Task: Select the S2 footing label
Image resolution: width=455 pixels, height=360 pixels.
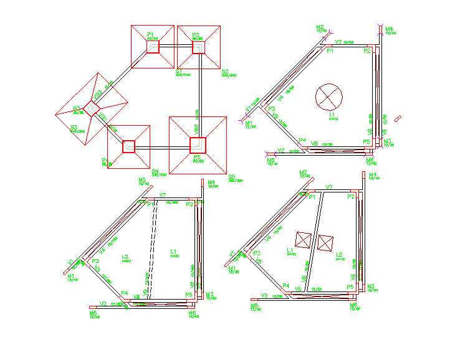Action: [x=225, y=72]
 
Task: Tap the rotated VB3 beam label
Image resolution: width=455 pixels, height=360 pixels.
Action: [x=196, y=130]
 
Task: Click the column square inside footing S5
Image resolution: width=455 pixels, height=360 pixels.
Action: [x=198, y=145]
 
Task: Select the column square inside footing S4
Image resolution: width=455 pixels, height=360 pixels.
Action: [x=128, y=146]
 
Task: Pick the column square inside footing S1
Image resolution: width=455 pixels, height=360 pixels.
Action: [x=153, y=47]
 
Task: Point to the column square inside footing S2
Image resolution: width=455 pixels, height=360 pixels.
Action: [x=198, y=47]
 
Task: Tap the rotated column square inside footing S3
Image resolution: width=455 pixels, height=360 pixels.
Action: [x=91, y=109]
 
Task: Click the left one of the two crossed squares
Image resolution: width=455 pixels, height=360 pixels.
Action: [x=304, y=239]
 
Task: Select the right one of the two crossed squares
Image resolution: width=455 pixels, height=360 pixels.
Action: [x=326, y=243]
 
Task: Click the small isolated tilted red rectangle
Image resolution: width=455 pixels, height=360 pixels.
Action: [x=399, y=118]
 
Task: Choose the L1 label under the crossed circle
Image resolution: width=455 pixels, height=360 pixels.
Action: [x=332, y=115]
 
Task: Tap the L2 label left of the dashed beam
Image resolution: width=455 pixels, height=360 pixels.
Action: [x=125, y=257]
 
